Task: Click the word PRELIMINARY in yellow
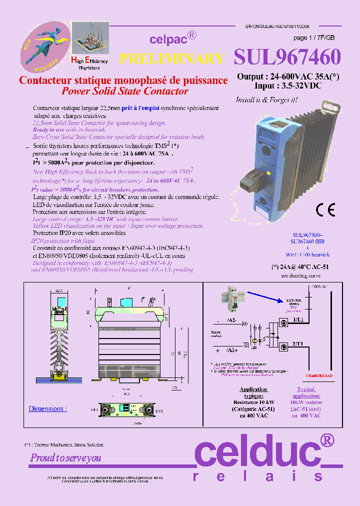point(172,58)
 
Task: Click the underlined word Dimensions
point(46,408)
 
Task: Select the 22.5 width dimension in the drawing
point(58,289)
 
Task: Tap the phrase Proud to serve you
point(66,458)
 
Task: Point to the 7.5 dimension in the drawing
point(173,387)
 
